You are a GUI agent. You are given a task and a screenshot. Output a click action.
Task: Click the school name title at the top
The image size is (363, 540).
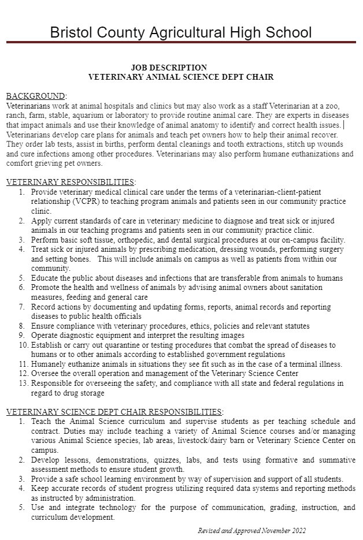[x=181, y=32]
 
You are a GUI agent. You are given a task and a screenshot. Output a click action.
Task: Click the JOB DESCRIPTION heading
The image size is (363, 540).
[x=169, y=68]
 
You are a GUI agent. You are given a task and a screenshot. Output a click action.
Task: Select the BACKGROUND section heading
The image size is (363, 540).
[x=35, y=96]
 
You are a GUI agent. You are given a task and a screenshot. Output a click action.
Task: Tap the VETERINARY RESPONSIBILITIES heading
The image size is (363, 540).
[x=71, y=182]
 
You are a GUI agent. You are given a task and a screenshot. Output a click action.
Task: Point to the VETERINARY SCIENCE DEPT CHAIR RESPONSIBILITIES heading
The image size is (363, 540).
[x=114, y=411]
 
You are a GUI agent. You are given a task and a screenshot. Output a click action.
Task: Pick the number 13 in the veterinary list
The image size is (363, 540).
[x=23, y=383]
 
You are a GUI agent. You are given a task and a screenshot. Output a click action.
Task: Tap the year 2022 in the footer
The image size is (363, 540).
[x=298, y=530]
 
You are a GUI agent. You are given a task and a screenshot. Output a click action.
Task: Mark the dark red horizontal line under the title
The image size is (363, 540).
[x=181, y=42]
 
